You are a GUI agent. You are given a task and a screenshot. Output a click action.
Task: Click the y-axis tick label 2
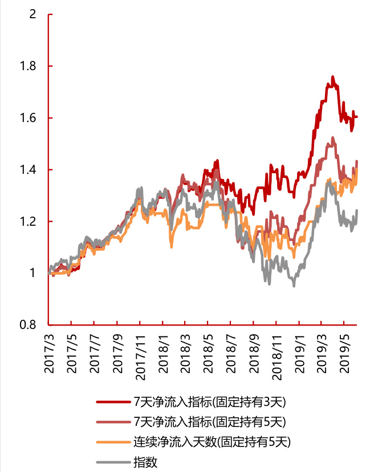click(x=32, y=14)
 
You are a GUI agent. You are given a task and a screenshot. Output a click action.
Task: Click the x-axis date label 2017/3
click(x=49, y=354)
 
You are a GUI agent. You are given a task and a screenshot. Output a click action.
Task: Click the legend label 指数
click(x=145, y=462)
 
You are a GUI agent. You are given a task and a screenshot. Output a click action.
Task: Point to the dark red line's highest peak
click(x=332, y=76)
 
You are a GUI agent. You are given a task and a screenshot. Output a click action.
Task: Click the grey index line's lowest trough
click(x=294, y=286)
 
